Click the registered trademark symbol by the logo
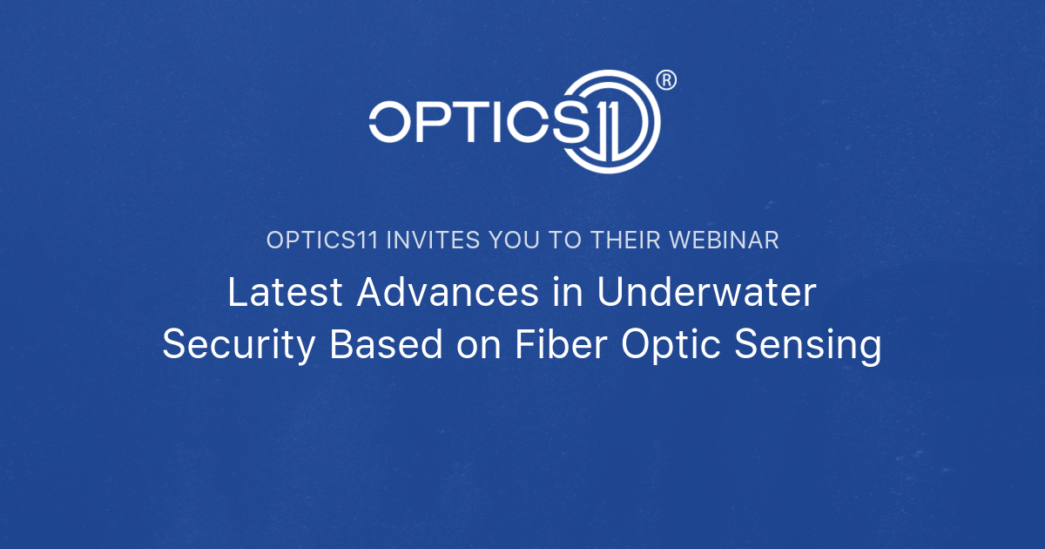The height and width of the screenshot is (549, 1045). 665,80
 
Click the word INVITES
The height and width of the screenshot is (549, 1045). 424,241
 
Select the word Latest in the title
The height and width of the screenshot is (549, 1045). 287,293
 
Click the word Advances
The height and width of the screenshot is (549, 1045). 447,293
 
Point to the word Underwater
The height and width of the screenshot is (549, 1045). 707,293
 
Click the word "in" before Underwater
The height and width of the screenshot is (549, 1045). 568,293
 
